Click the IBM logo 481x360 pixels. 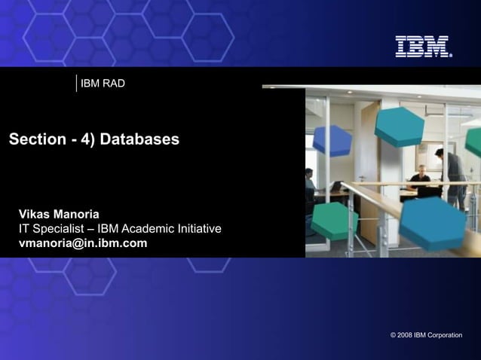click(x=423, y=47)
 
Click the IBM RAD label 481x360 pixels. click(x=103, y=83)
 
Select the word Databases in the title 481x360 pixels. click(x=139, y=139)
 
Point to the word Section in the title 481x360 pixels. click(x=33, y=139)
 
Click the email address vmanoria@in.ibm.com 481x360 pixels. click(x=83, y=243)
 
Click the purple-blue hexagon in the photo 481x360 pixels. click(x=332, y=141)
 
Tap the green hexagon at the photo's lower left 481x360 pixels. click(x=335, y=221)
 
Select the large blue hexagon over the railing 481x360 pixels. click(x=432, y=223)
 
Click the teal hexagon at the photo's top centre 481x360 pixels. click(x=400, y=127)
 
